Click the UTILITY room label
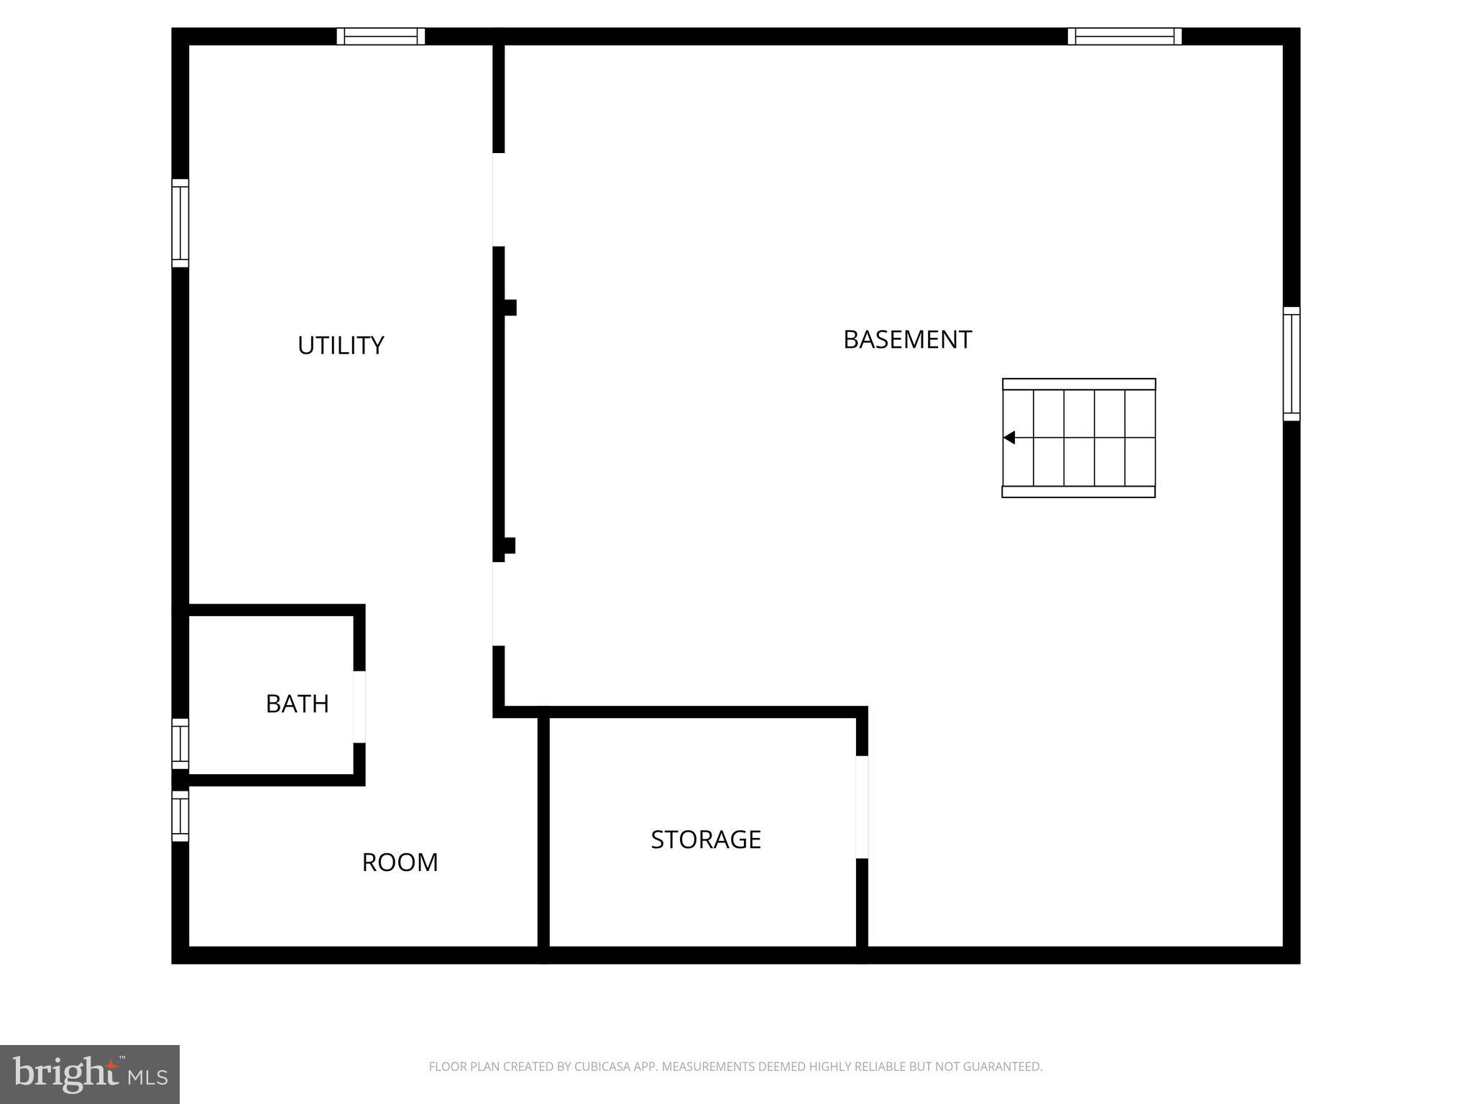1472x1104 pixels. click(341, 345)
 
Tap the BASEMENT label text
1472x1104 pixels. click(907, 339)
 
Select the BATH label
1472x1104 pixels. click(297, 704)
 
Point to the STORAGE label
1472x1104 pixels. click(706, 839)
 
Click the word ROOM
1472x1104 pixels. click(400, 862)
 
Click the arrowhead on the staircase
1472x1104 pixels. click(1009, 437)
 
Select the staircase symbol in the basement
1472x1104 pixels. click(1079, 438)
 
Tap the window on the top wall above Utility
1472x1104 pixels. click(381, 36)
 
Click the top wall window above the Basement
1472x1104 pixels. click(1124, 36)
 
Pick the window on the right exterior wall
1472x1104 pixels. click(1292, 364)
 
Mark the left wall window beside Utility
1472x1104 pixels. click(180, 223)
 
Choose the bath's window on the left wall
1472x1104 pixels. click(180, 743)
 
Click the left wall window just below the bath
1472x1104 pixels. click(180, 816)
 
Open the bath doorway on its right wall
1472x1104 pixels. click(359, 707)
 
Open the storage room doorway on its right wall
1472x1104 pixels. click(862, 806)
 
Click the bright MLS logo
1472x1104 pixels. click(90, 1074)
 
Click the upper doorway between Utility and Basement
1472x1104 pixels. click(498, 199)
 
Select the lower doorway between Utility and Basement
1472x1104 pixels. click(498, 604)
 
